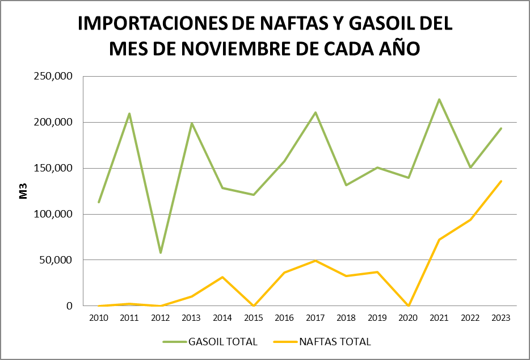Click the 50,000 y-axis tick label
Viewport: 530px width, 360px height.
(x=59, y=260)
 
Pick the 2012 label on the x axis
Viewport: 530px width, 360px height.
(x=161, y=318)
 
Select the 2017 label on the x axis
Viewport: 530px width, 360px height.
(x=316, y=318)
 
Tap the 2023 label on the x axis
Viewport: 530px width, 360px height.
(x=501, y=318)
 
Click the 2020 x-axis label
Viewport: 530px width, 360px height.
(x=409, y=318)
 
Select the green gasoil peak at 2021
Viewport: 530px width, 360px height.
(x=439, y=99)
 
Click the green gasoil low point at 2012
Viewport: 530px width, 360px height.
(x=161, y=253)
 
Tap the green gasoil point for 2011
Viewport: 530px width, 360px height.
(x=129, y=114)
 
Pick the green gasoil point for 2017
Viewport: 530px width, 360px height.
(x=316, y=112)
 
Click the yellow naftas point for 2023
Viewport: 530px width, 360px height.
(x=501, y=181)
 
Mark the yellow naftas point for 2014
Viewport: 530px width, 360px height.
(x=222, y=277)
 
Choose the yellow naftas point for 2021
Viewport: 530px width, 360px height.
(x=439, y=240)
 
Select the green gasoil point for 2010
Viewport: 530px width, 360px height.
(x=99, y=202)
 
